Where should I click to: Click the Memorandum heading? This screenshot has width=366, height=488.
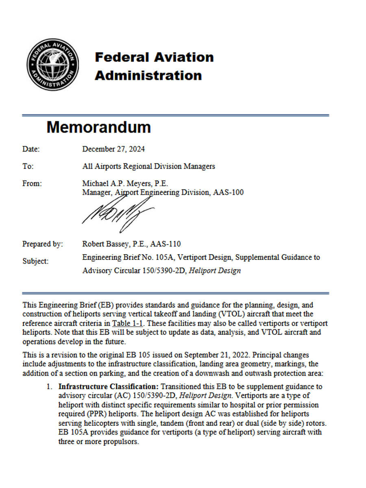[x=98, y=127]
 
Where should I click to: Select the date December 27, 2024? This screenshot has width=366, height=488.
[x=113, y=149]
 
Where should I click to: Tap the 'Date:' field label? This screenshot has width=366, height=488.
[x=31, y=149]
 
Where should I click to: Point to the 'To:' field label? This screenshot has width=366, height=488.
[x=28, y=166]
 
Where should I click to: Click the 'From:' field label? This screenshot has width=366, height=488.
[x=32, y=183]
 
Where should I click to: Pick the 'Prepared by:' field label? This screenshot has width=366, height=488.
[x=43, y=244]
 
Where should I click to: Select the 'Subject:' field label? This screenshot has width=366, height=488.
[x=35, y=261]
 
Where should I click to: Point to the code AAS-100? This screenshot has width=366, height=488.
[x=228, y=192]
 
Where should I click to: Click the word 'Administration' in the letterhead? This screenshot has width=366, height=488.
[x=148, y=75]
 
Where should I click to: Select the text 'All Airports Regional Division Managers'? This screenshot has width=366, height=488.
[x=148, y=166]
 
